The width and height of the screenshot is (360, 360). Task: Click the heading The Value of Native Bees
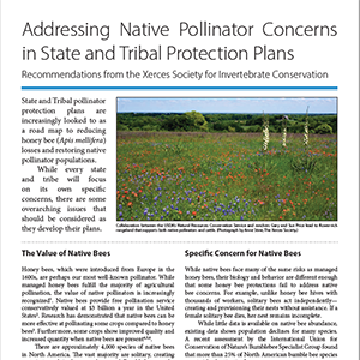pyautogui.click(x=56, y=252)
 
